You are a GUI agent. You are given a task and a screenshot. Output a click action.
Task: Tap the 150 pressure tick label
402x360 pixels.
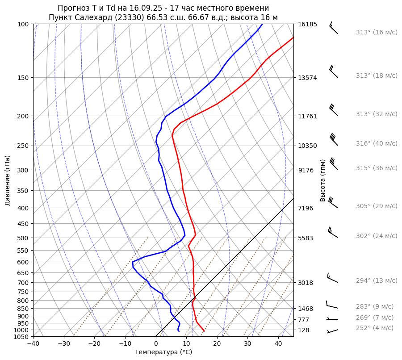tap(23, 78)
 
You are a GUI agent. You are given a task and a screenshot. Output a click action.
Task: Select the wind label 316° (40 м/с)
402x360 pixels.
tap(377, 143)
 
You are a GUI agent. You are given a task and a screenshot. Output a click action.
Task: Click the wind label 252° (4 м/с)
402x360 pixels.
tap(375, 328)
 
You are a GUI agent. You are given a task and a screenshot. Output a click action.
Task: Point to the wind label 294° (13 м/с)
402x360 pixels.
tap(377, 280)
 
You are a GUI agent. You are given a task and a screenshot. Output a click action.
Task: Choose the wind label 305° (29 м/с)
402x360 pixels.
tap(377, 206)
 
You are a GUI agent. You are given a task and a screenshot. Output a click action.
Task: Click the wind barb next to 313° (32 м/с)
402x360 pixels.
tap(333, 109)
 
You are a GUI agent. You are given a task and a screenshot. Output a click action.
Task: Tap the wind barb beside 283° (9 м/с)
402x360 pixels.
tap(332, 306)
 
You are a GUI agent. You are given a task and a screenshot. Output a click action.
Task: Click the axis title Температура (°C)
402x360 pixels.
tap(163, 352)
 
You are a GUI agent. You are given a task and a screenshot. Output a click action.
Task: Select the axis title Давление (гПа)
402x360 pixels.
tap(8, 180)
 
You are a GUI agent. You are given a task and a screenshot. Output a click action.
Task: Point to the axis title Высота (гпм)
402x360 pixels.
tap(322, 180)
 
